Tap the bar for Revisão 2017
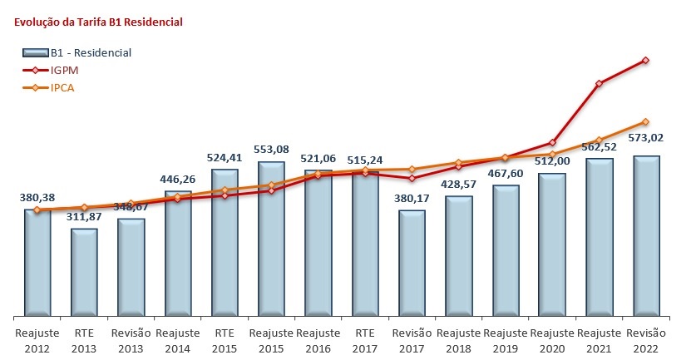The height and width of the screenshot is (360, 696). [412, 264]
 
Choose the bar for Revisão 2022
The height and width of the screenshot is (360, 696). [646, 236]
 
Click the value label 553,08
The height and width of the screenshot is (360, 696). [271, 150]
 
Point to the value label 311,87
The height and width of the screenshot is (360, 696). [83, 216]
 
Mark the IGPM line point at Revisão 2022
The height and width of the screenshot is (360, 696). [646, 61]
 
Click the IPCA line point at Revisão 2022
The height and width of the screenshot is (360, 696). [646, 122]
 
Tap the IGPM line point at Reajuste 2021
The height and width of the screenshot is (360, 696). [599, 83]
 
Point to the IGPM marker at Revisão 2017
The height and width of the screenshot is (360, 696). [412, 178]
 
